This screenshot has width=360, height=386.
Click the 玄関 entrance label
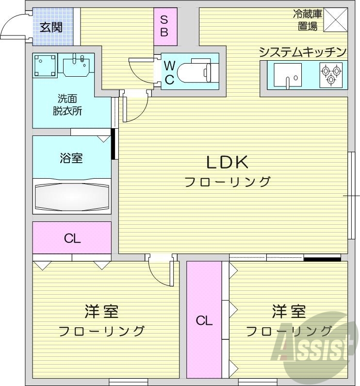(51, 26)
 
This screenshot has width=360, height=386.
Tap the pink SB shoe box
(164, 26)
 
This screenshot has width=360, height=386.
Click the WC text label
(169, 73)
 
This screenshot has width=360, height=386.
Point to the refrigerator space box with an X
(336, 20)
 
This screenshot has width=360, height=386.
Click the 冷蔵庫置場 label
(307, 20)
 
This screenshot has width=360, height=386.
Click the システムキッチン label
(303, 52)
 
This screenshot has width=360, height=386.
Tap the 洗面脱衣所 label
(67, 104)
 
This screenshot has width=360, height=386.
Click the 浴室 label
(71, 158)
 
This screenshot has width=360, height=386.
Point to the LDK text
(228, 162)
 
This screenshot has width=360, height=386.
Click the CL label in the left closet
(72, 238)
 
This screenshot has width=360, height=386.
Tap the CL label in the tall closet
(204, 320)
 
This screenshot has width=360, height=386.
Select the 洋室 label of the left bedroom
(101, 311)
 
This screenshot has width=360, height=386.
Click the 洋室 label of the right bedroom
(288, 310)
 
